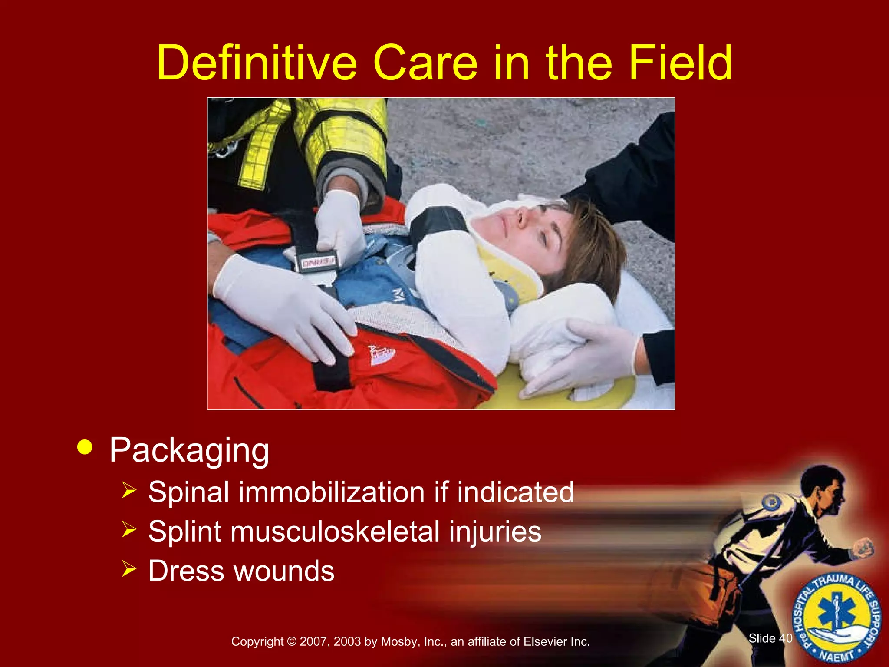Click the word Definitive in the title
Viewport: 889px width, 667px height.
click(x=257, y=63)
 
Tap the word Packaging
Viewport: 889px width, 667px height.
click(x=189, y=451)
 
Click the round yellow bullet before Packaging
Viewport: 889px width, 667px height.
click(x=85, y=448)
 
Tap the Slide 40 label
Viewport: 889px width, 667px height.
click(x=770, y=638)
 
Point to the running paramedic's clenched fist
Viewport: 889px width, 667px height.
click(x=863, y=548)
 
